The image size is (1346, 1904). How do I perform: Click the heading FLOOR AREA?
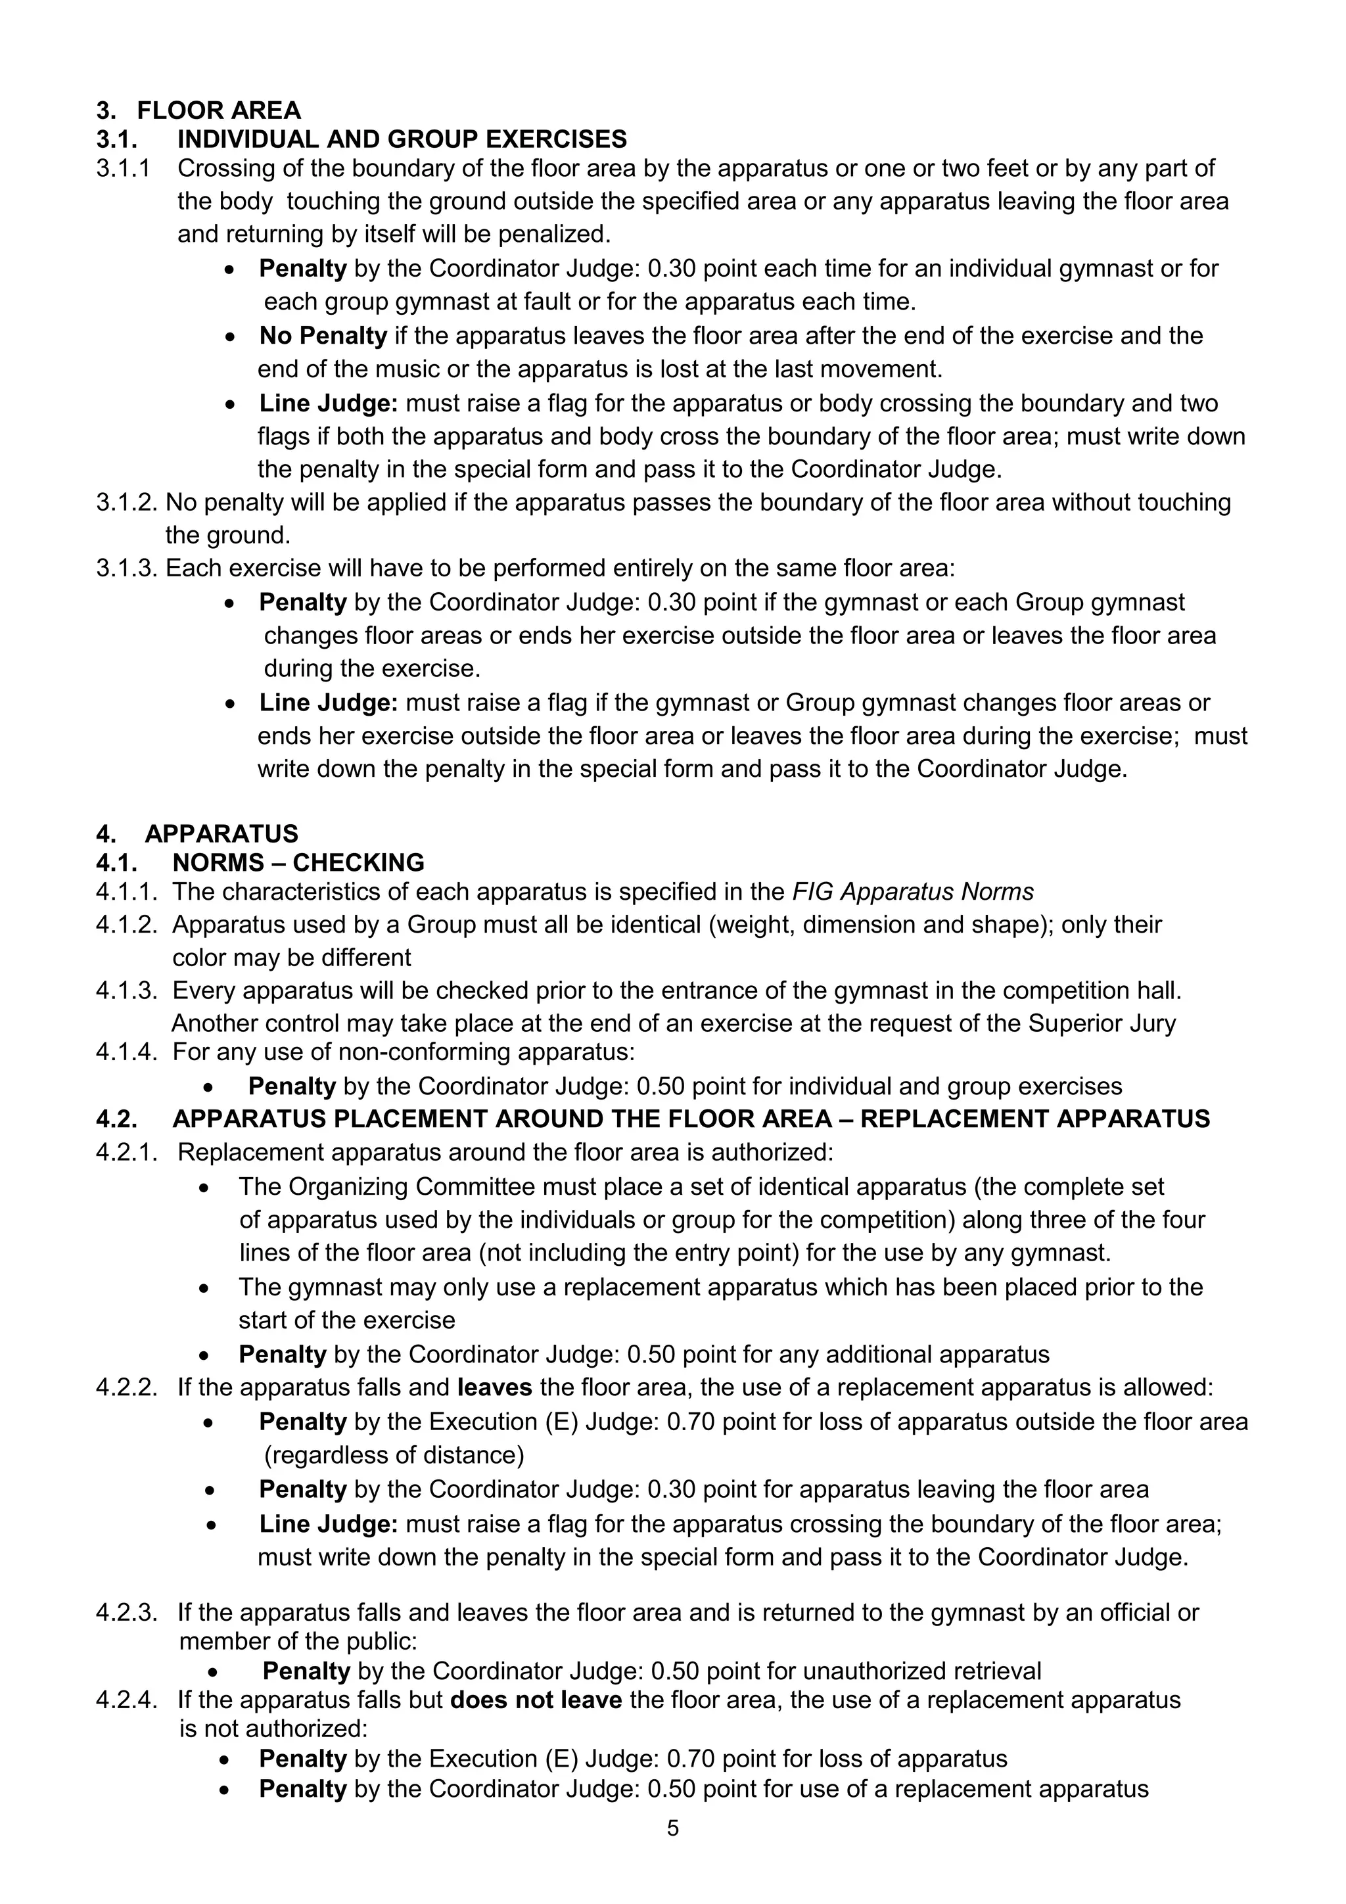(x=218, y=110)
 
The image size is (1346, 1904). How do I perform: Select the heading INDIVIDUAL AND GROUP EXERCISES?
(x=402, y=139)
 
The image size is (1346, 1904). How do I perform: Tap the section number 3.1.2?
(x=129, y=503)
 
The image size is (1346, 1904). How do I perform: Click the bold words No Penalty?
(x=323, y=336)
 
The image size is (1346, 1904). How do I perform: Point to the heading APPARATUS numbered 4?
(x=221, y=833)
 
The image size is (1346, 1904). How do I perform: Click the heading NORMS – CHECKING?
(x=298, y=862)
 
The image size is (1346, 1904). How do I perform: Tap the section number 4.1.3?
(x=126, y=990)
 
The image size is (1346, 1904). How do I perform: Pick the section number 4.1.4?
(x=126, y=1052)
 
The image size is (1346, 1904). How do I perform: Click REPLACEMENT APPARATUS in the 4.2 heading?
(x=1034, y=1119)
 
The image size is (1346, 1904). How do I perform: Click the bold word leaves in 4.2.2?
(x=494, y=1387)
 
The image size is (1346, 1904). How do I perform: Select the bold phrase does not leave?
(x=536, y=1700)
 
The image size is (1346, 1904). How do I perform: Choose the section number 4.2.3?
(x=126, y=1613)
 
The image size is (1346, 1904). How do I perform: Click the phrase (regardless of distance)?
(x=394, y=1455)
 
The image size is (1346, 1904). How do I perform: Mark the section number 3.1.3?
(x=129, y=569)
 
